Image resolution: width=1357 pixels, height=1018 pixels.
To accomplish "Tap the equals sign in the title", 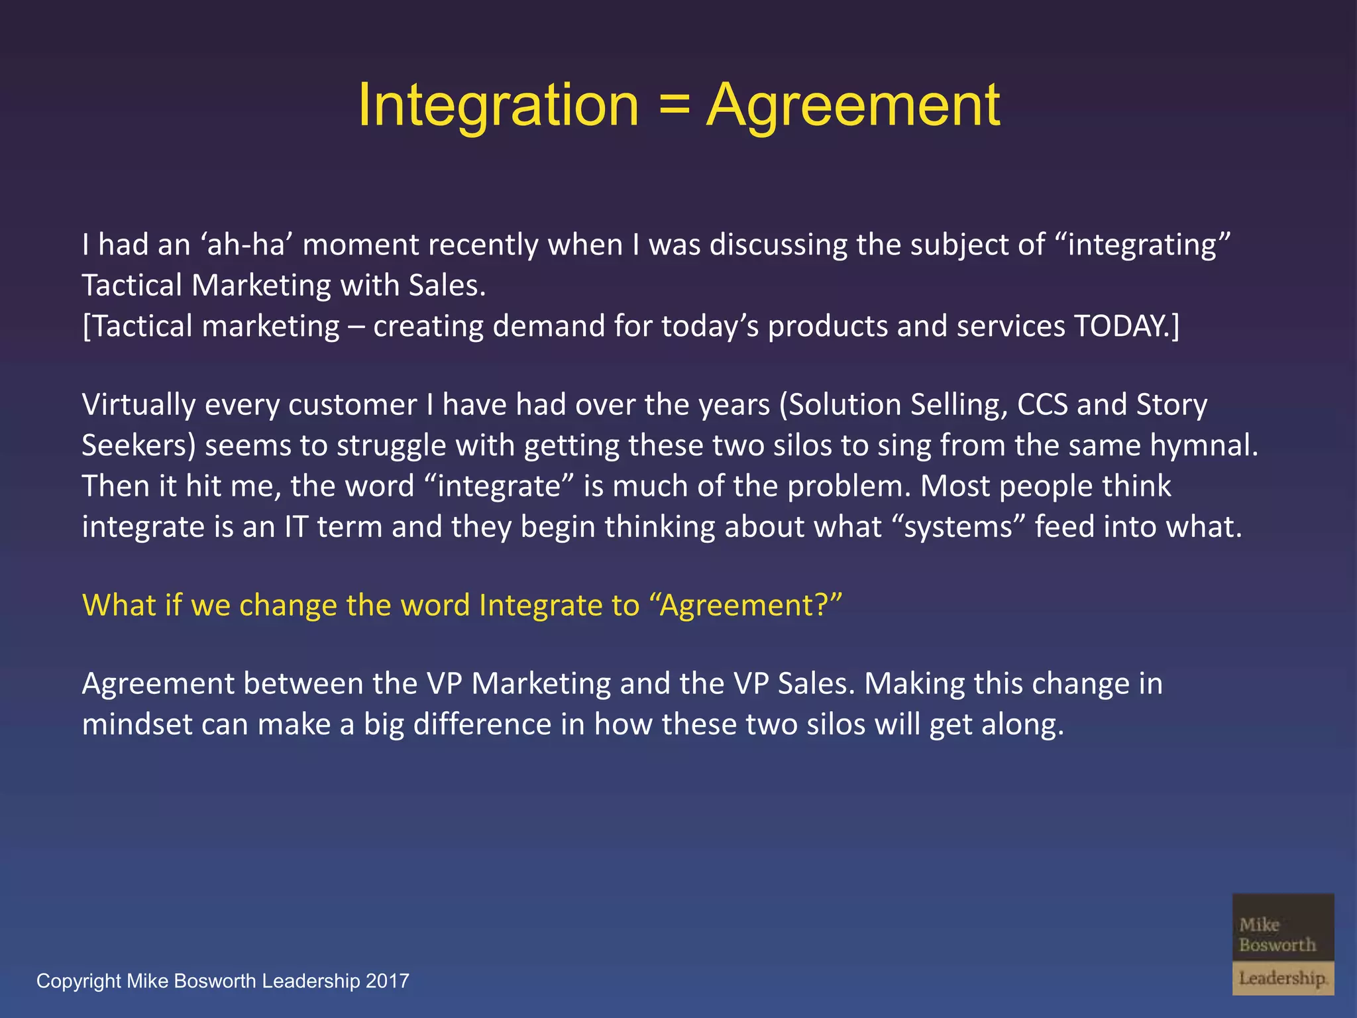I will [673, 106].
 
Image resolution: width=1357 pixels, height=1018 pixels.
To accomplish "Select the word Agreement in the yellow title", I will [853, 106].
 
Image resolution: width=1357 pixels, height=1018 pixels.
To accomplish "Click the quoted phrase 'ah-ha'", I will [246, 245].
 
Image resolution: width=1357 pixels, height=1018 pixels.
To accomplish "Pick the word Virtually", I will [138, 405].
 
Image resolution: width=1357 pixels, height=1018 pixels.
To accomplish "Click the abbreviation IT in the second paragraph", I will [296, 527].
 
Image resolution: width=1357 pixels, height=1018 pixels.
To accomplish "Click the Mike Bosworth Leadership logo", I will [1283, 944].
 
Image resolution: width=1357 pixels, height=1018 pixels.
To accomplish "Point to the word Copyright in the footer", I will [79, 981].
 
